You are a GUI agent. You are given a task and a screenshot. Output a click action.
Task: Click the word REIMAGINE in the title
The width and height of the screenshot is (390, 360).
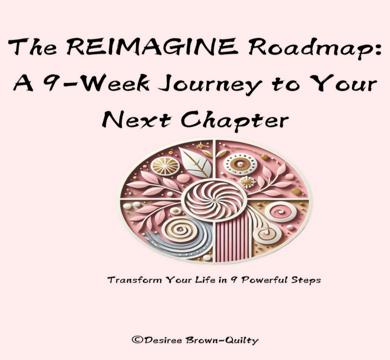[151, 47]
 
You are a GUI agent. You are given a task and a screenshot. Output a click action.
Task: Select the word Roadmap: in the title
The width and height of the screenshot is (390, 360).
[315, 48]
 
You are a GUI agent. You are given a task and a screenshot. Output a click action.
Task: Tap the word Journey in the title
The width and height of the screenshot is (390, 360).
[210, 85]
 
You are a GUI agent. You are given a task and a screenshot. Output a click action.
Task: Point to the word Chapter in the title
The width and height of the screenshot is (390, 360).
[235, 121]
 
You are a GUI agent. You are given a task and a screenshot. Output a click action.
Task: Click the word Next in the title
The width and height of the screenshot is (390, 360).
[136, 120]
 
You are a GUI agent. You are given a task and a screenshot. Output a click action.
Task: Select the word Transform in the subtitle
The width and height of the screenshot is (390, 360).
[135, 280]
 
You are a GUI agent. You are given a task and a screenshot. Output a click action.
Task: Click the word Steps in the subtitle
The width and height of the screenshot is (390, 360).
[306, 281]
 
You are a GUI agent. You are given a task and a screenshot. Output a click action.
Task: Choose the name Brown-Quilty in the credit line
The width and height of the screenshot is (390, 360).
[222, 340]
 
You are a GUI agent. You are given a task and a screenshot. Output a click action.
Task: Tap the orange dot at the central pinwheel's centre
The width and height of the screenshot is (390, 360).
[214, 200]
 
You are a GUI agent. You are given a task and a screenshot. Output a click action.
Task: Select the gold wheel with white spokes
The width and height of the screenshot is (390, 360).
[165, 166]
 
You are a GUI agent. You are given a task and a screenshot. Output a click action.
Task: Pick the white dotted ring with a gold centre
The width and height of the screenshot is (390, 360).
[240, 164]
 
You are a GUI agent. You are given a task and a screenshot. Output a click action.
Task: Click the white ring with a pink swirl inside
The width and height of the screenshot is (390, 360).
[281, 212]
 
